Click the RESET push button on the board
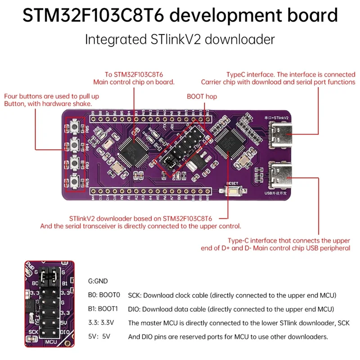[234, 192]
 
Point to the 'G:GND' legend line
[98, 281]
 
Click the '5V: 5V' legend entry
[99, 336]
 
